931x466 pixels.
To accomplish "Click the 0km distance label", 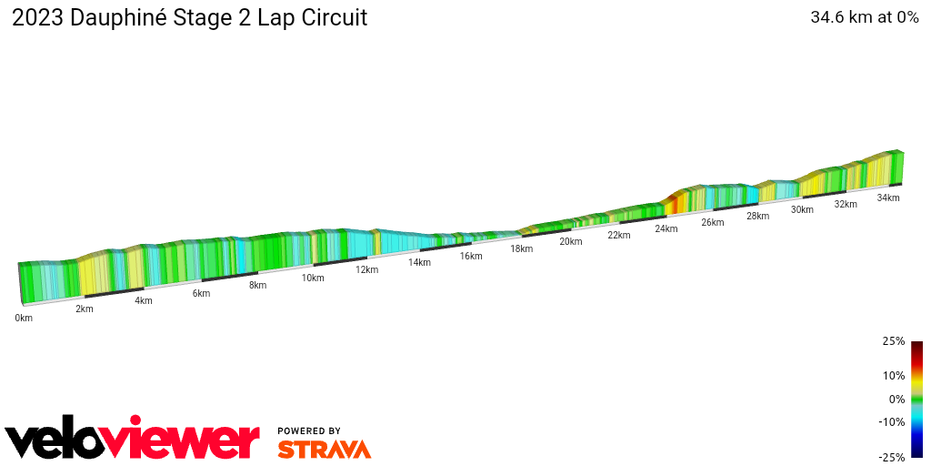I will (24, 318).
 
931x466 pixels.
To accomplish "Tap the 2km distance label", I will (84, 309).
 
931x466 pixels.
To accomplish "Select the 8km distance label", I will (257, 285).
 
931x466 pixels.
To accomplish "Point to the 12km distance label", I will (366, 269).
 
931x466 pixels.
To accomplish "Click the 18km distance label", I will (521, 248).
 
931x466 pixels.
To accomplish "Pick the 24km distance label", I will (666, 228).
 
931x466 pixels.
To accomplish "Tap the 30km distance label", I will (801, 209).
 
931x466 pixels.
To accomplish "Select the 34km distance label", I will (887, 198).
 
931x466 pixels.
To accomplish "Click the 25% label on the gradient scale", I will (893, 341).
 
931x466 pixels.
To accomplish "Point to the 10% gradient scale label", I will (893, 375).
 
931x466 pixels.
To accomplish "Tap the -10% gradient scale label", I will (891, 421).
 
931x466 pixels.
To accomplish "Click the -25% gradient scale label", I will (891, 457).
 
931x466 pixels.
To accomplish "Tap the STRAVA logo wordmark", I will (324, 449).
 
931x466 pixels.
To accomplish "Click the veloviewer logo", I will (133, 440).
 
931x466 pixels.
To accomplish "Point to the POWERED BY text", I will (309, 431).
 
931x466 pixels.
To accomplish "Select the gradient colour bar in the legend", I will (916, 399).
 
